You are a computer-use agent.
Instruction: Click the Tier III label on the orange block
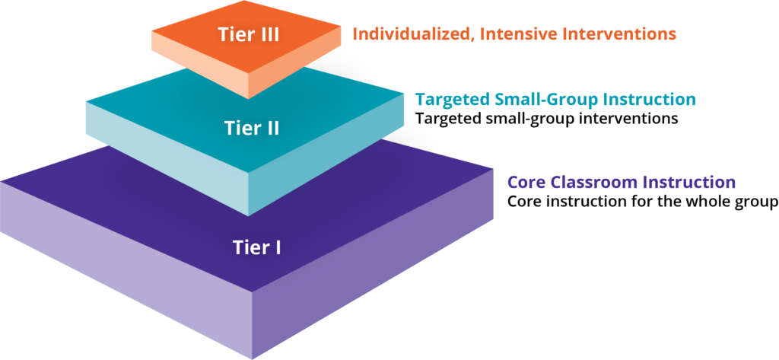(238, 35)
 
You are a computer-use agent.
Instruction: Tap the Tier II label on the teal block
(252, 128)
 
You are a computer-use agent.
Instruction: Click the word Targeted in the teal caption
(449, 100)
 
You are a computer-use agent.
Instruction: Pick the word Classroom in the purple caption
(597, 183)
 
